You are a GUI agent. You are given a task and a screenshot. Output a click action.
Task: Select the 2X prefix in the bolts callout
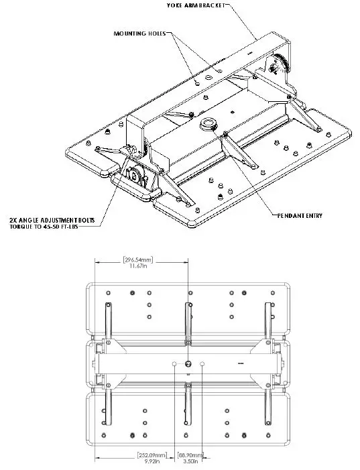click(x=15, y=219)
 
